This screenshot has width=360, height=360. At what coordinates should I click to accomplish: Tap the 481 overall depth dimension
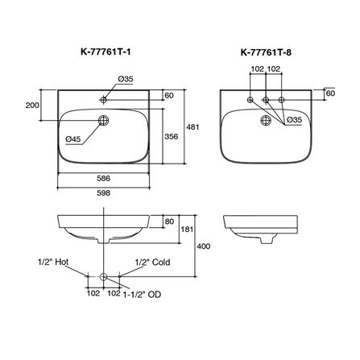pyautogui.click(x=193, y=126)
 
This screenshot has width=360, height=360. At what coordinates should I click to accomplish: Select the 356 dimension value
pyautogui.click(x=172, y=137)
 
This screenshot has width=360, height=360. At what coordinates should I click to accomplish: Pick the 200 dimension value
pyautogui.click(x=32, y=106)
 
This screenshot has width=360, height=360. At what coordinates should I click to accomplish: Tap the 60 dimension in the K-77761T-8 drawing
pyautogui.click(x=330, y=93)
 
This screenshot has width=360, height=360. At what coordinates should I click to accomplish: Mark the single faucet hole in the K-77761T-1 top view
pyautogui.click(x=103, y=100)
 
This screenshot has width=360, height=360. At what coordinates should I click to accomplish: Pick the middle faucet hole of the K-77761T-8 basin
pyautogui.click(x=266, y=100)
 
